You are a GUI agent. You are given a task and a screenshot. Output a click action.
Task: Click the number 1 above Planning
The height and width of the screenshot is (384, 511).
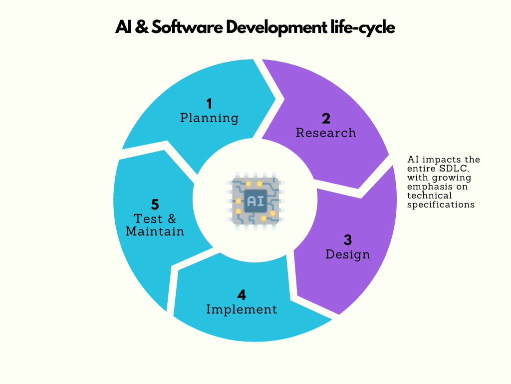(x=209, y=103)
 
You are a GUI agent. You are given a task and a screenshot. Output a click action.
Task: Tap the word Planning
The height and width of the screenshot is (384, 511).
(x=209, y=118)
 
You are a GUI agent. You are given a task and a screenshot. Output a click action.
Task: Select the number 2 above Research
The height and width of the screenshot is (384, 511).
(x=326, y=118)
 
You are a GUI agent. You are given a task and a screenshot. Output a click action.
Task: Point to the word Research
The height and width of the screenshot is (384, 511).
(x=326, y=133)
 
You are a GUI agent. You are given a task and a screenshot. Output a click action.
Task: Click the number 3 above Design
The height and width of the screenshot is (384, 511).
(x=348, y=240)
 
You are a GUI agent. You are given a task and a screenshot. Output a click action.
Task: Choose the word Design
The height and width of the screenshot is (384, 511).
(x=348, y=254)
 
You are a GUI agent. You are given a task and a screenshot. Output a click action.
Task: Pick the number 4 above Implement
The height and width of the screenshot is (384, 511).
(x=242, y=295)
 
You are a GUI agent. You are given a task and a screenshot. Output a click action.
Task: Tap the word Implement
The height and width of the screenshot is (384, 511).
(x=242, y=309)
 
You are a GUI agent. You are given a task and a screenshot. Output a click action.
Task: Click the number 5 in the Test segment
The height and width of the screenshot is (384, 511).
(x=155, y=204)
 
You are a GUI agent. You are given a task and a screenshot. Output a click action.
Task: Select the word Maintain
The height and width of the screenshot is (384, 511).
(x=155, y=231)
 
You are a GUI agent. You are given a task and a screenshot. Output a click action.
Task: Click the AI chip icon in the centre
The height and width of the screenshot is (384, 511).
(x=255, y=201)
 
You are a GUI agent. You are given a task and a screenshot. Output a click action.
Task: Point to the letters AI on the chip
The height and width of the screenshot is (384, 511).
(x=255, y=201)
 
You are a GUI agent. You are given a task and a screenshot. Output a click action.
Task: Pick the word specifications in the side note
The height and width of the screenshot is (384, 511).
(x=441, y=204)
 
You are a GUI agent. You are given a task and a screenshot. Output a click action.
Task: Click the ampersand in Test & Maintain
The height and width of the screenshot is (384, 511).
(x=171, y=219)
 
